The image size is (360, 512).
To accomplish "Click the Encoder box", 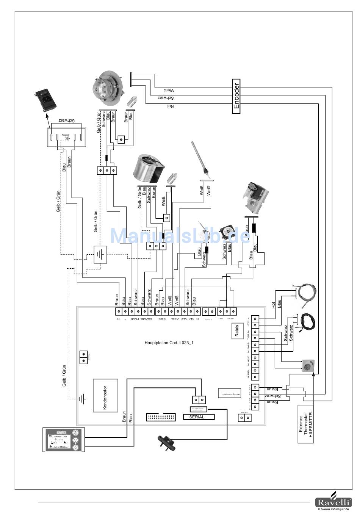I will (236, 96).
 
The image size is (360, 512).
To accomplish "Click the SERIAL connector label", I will (197, 417).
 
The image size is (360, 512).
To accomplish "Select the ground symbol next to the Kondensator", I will (81, 398).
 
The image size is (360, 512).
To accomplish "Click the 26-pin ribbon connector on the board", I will (161, 417).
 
